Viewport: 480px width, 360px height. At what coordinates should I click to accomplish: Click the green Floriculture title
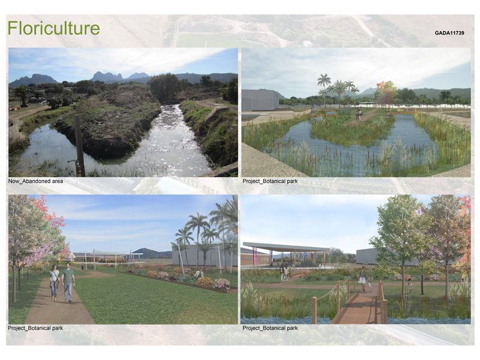pyautogui.click(x=53, y=28)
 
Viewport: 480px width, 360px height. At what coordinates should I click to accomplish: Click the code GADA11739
pyautogui.click(x=449, y=33)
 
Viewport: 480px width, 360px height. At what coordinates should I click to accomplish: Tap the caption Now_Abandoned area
pyautogui.click(x=35, y=181)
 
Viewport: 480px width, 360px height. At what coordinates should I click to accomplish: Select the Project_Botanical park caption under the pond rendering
pyautogui.click(x=270, y=181)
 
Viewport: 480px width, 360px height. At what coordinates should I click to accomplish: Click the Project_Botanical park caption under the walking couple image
pyautogui.click(x=35, y=328)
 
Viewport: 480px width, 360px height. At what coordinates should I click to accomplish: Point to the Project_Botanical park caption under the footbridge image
pyautogui.click(x=270, y=328)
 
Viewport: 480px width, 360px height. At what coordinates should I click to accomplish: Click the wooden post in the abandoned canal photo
pyautogui.click(x=79, y=146)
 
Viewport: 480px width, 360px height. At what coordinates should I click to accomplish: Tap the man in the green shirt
pyautogui.click(x=68, y=282)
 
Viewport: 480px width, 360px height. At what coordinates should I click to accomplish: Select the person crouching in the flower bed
pyautogui.click(x=199, y=272)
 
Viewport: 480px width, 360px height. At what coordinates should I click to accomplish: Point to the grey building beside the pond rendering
pyautogui.click(x=260, y=100)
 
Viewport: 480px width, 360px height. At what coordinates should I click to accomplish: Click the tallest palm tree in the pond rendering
pyautogui.click(x=324, y=86)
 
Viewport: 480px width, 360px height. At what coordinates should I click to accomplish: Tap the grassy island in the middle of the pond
pyautogui.click(x=352, y=132)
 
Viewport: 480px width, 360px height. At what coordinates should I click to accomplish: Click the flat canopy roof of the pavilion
pyautogui.click(x=286, y=247)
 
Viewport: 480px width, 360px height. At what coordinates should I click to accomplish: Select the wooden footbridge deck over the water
pyautogui.click(x=357, y=309)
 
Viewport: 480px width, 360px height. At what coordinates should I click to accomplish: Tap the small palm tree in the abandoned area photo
pyautogui.click(x=22, y=95)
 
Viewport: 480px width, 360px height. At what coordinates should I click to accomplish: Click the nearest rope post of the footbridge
pyautogui.click(x=314, y=310)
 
